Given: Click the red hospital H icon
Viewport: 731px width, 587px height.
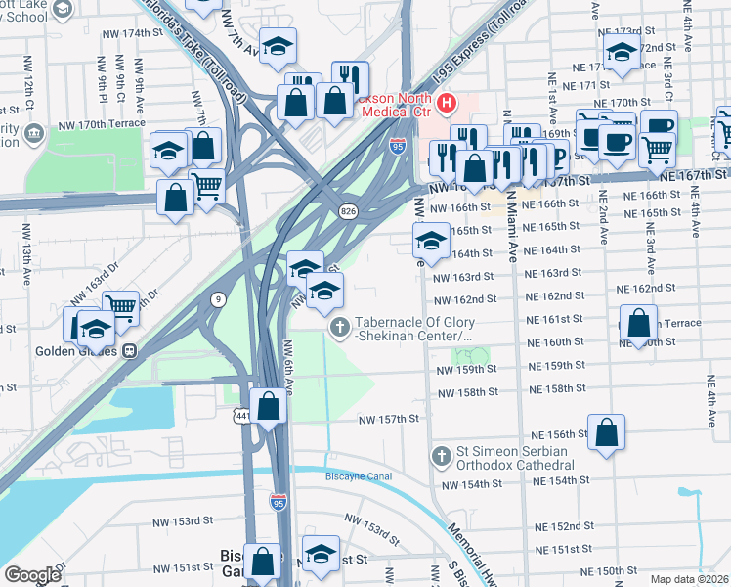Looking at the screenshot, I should [448, 102].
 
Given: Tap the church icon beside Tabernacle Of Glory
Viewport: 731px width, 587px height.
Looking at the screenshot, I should [340, 327].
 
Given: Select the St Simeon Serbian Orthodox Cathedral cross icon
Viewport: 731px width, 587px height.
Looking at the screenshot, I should [441, 456].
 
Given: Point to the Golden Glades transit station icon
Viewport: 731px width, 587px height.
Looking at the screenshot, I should [128, 351].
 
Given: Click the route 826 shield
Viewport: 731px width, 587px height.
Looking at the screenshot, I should [347, 211].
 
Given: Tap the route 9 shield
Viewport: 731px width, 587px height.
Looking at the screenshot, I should [216, 297].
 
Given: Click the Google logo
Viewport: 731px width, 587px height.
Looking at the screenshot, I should [32, 575].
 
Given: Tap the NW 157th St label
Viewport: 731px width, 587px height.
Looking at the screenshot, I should [388, 419].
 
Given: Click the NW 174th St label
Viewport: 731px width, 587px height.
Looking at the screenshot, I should [133, 33].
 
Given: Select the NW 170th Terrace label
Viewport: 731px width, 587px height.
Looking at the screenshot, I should [107, 123].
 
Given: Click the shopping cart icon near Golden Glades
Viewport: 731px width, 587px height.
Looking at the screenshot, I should [120, 305].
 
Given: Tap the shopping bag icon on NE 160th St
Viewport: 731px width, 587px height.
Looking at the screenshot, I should [638, 322].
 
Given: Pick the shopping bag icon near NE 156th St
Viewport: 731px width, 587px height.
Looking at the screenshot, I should [606, 430].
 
